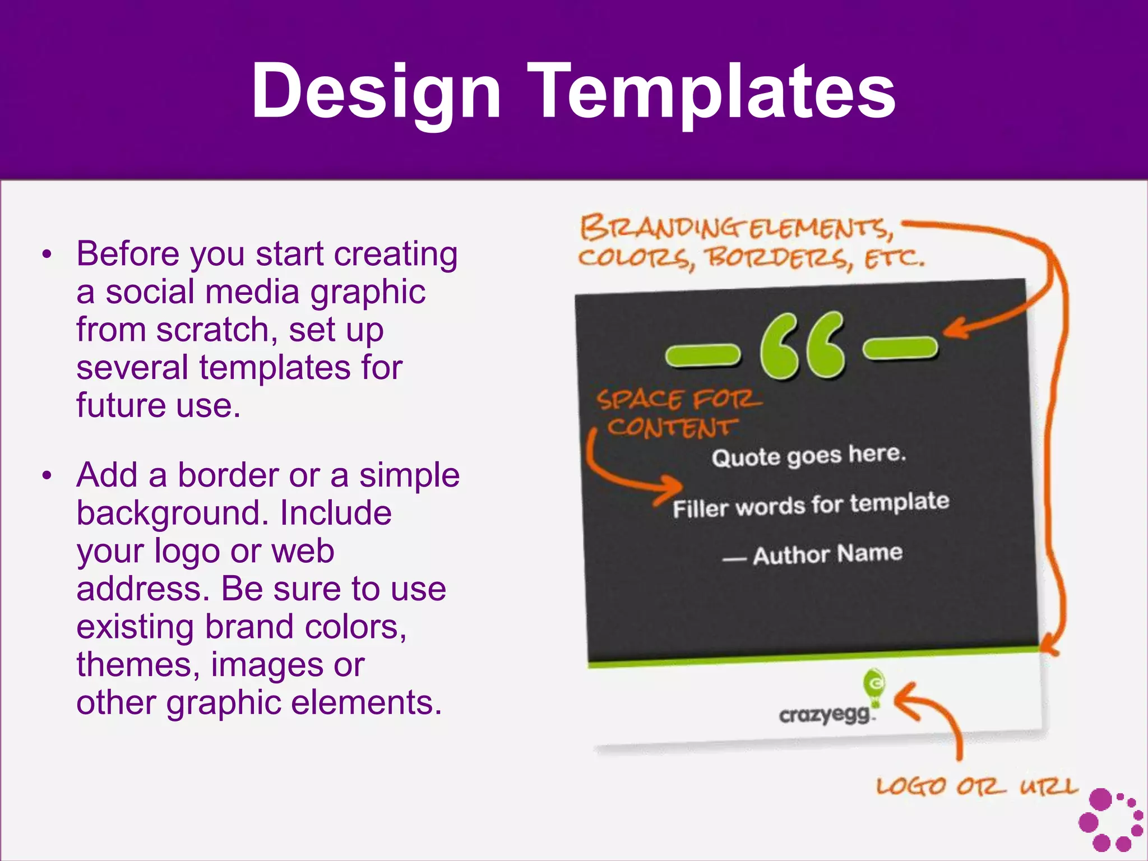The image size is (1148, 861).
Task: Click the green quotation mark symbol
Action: (802, 346)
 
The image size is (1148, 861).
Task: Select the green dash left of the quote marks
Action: (702, 355)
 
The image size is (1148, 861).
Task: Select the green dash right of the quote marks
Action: (900, 348)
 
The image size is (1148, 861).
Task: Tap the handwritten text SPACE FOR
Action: (678, 400)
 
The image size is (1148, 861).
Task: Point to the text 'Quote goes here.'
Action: (808, 456)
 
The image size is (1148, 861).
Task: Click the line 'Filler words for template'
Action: (811, 504)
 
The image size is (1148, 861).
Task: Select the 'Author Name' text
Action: (827, 554)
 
